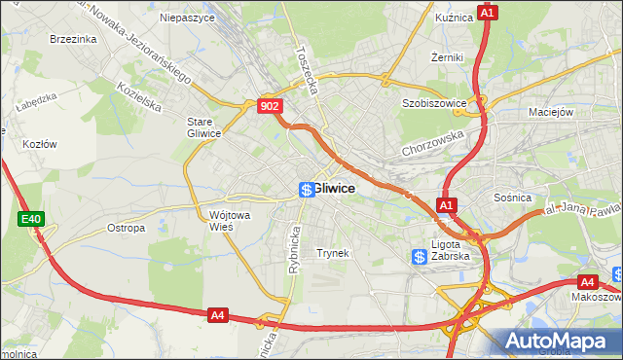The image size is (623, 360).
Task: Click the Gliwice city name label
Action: (x=334, y=188)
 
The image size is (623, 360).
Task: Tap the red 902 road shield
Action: (x=271, y=105)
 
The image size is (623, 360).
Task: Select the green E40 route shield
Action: (x=30, y=220)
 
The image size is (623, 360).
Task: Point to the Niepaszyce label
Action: (x=186, y=17)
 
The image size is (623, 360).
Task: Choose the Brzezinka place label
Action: (x=73, y=39)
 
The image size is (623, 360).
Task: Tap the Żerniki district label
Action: (x=447, y=57)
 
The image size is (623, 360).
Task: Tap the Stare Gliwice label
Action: (x=204, y=127)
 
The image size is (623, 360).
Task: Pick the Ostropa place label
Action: (x=126, y=228)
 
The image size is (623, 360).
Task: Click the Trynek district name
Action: (x=333, y=253)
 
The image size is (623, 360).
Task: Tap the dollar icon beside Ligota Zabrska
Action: (x=419, y=257)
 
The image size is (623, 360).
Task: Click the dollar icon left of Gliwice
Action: (x=306, y=189)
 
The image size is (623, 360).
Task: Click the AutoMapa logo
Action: (x=561, y=341)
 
